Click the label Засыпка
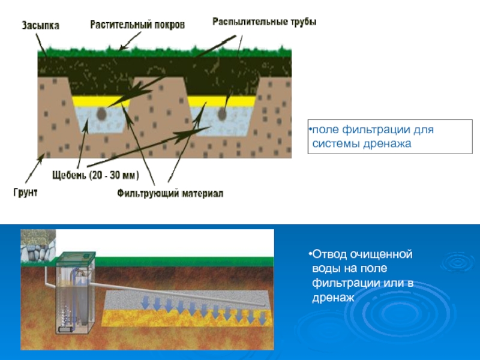click(x=41, y=26)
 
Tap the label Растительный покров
click(x=137, y=25)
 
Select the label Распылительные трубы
click(x=265, y=21)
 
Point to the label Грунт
click(x=25, y=193)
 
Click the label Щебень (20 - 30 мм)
click(x=93, y=176)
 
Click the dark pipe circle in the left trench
click(x=103, y=113)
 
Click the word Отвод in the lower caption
click(x=328, y=255)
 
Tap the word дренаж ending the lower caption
click(x=332, y=296)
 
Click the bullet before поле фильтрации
click(x=310, y=130)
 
